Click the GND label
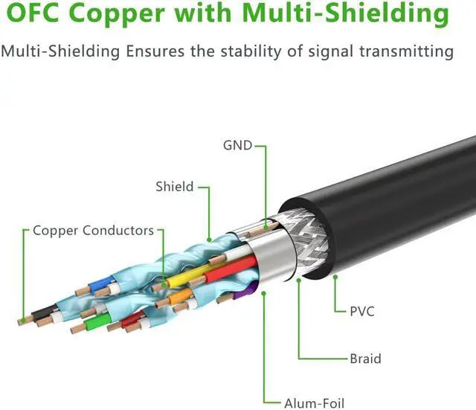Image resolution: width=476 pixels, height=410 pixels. click(x=238, y=146)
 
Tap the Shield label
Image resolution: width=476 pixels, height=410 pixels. click(x=175, y=187)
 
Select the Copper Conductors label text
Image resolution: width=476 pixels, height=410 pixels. click(x=93, y=231)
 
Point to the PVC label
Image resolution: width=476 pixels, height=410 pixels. click(x=362, y=312)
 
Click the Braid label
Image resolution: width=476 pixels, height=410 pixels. click(x=365, y=359)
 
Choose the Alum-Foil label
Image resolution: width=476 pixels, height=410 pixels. click(x=315, y=403)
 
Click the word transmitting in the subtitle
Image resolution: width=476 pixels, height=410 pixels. click(x=407, y=51)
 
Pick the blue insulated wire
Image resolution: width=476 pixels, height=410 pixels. click(x=101, y=284)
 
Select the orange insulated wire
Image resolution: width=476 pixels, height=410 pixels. click(x=180, y=296)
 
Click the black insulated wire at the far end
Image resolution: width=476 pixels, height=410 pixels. click(x=44, y=313)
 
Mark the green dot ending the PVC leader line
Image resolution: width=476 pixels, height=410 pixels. click(x=335, y=277)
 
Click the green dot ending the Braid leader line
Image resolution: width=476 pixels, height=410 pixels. click(x=299, y=280)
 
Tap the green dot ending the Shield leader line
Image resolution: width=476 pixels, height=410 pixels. click(x=209, y=240)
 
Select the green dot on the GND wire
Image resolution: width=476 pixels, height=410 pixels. click(x=266, y=227)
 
